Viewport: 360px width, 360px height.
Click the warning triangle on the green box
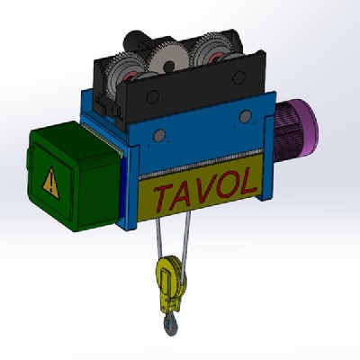(50, 181)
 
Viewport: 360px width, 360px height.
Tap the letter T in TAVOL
(163, 195)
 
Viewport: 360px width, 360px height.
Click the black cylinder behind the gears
(136, 40)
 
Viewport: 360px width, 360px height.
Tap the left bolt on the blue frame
(159, 137)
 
